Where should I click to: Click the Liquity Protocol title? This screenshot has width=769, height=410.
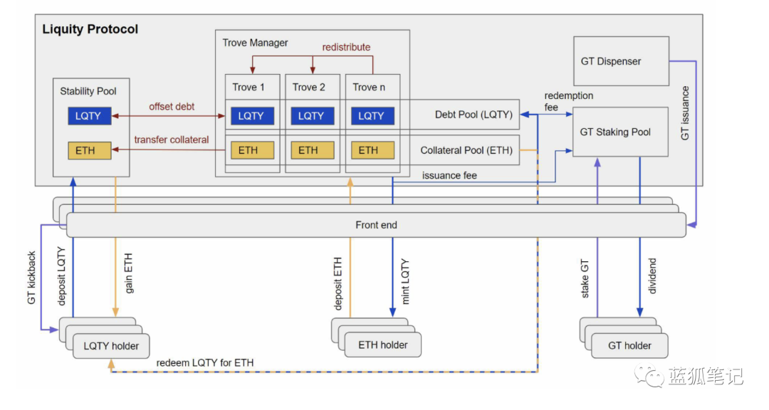tap(90, 29)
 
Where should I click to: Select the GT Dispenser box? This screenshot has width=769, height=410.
tap(622, 61)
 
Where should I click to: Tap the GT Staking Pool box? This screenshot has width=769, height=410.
tap(620, 132)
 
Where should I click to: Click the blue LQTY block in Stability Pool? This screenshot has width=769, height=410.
tap(90, 116)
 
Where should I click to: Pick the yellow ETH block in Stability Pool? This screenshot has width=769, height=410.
tap(90, 151)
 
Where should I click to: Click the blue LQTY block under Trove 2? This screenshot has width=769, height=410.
tap(313, 116)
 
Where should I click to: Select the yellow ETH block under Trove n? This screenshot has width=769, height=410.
tap(372, 151)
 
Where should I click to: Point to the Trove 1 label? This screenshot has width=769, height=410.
tap(249, 88)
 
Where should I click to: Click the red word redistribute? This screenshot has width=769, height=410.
tap(346, 47)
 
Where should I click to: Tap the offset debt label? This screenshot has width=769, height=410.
tap(172, 107)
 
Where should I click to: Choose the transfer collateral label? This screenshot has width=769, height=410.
tap(172, 140)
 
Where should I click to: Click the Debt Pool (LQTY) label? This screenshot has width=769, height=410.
tap(474, 115)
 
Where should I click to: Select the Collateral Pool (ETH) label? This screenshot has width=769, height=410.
tap(466, 151)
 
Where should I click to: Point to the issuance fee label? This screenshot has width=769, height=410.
tap(449, 176)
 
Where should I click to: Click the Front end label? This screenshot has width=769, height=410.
tap(376, 225)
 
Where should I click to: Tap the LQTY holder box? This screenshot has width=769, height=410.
tap(111, 346)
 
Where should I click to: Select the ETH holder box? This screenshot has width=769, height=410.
tap(383, 345)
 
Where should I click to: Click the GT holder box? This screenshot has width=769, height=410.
tap(629, 346)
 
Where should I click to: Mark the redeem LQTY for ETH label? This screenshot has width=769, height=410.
tap(205, 363)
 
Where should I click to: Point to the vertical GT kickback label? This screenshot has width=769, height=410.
tap(31, 278)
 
